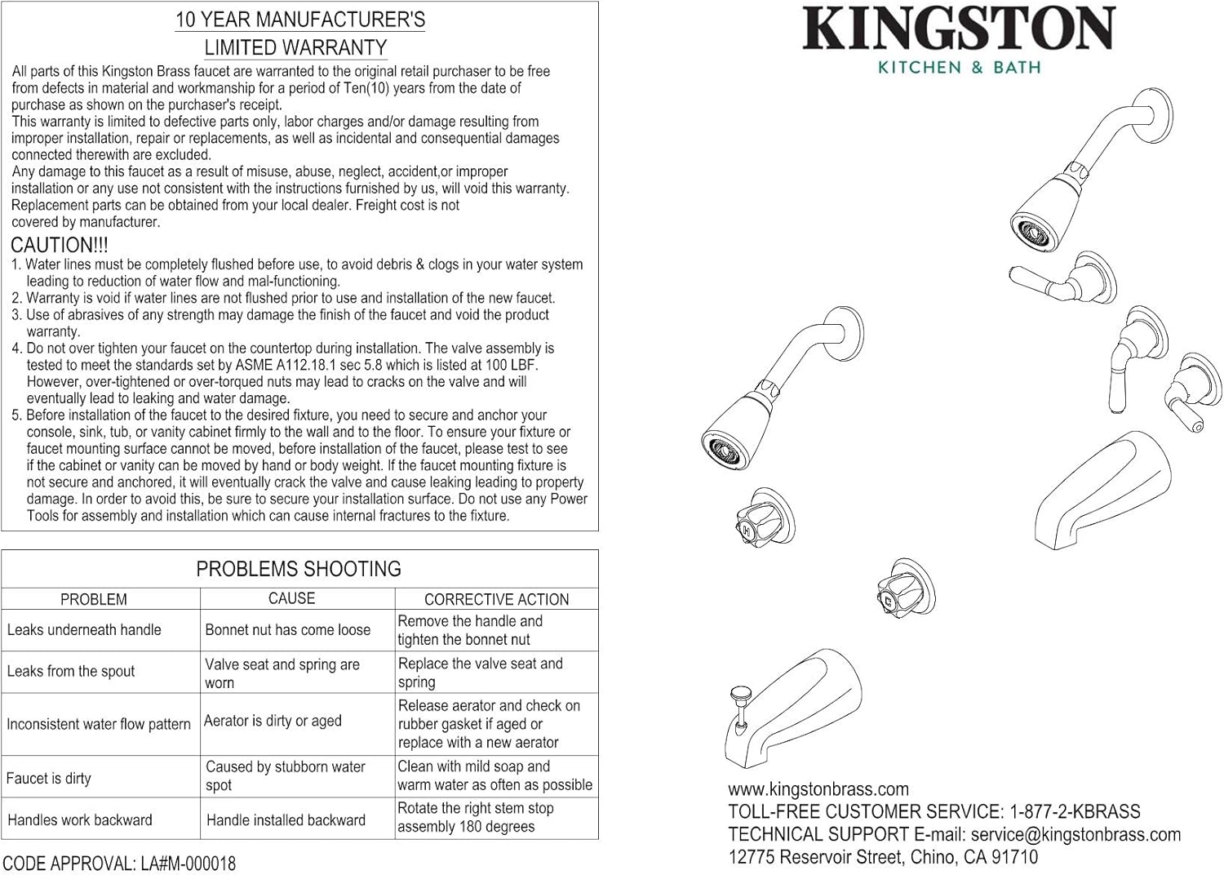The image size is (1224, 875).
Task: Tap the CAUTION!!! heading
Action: [x=59, y=245]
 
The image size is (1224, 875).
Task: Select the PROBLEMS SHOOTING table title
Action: [x=299, y=569]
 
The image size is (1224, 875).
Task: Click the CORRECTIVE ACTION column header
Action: [x=496, y=599]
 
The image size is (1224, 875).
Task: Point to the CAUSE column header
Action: [x=291, y=598]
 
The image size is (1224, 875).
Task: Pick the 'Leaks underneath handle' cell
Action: [x=84, y=630]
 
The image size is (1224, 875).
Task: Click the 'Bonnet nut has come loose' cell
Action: [x=287, y=630]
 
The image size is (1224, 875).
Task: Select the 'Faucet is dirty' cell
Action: [x=49, y=779]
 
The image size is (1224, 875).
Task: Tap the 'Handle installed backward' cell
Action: [x=286, y=820]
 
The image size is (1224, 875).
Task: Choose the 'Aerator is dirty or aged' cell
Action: [x=273, y=721]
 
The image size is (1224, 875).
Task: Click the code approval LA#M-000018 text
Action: [x=119, y=864]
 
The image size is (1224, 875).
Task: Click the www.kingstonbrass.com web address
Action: [x=818, y=789]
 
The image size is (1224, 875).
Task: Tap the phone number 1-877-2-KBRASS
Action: [x=1075, y=812]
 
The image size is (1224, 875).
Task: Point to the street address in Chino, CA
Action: [x=883, y=858]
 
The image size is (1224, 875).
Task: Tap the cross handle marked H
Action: [x=749, y=523]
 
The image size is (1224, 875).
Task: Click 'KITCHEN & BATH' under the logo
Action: [x=959, y=68]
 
